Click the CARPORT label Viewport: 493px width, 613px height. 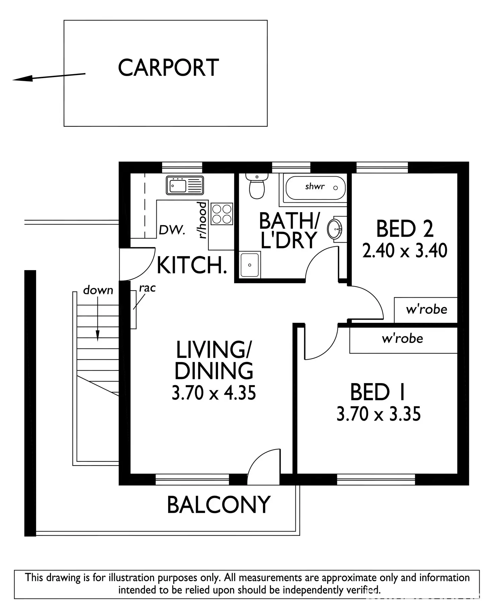(168, 68)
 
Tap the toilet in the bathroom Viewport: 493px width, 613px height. (257, 187)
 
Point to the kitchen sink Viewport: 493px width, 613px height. (185, 185)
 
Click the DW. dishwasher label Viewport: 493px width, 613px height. (172, 230)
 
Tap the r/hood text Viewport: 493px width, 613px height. (203, 220)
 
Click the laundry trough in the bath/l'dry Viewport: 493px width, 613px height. (250, 265)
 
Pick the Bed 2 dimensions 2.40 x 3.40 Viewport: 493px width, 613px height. (405, 251)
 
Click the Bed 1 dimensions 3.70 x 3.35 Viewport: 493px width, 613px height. (378, 414)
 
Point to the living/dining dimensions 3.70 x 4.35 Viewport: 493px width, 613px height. (214, 393)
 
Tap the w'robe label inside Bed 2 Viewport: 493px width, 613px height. (426, 309)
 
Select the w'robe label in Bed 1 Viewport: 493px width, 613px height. (402, 339)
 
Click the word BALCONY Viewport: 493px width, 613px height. (218, 505)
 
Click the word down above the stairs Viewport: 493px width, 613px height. (98, 290)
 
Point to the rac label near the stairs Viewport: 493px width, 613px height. (147, 288)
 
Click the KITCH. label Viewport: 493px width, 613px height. (192, 265)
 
